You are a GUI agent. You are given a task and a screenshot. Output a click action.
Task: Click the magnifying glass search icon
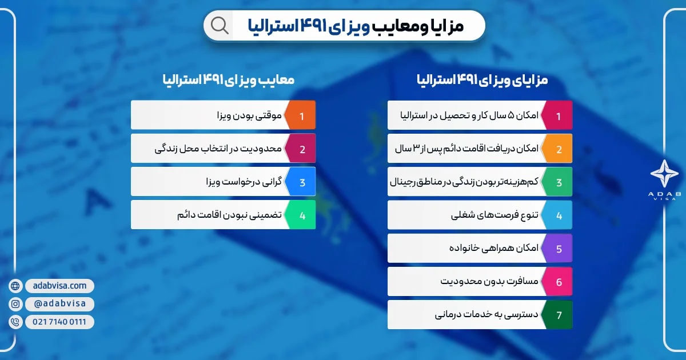coord(220,25)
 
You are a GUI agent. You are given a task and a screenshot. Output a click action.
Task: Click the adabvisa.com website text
coord(60,286)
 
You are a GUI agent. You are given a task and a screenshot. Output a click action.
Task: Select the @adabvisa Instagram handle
coord(60,304)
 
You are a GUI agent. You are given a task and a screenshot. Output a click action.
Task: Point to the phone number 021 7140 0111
coord(60,322)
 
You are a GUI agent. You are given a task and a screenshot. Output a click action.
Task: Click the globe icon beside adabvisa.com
coord(15,286)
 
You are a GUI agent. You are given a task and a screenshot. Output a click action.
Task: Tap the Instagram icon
coord(15,304)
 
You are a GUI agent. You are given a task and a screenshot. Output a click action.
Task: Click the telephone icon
coord(15,322)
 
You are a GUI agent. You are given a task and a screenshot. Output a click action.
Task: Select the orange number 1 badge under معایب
coord(301,115)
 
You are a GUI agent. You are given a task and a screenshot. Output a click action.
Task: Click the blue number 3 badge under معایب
coord(301,182)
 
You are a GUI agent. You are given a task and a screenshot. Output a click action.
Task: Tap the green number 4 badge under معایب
coord(301,215)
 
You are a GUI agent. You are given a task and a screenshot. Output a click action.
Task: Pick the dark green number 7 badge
coord(558,315)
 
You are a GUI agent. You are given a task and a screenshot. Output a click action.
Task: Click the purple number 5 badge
coord(558,249)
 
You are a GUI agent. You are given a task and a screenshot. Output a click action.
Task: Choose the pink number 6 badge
coord(558,282)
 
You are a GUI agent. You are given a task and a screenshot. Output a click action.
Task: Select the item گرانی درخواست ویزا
coord(240,182)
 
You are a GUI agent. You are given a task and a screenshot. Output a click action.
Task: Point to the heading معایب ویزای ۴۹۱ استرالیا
coord(228,79)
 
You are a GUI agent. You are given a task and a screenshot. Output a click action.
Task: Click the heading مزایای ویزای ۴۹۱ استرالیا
coord(482,79)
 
